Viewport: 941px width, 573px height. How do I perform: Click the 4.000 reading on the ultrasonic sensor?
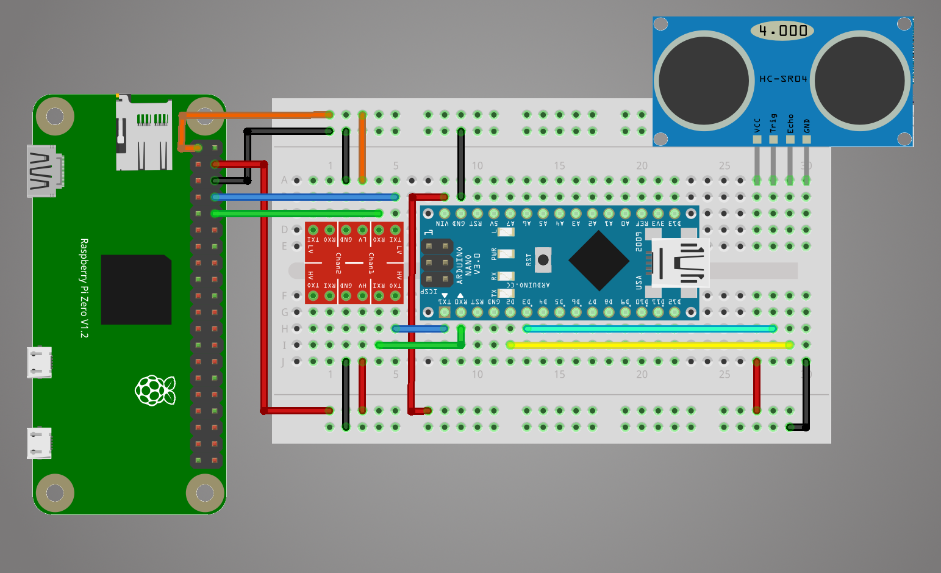[x=783, y=31]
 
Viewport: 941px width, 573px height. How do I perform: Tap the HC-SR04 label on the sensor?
[x=783, y=79]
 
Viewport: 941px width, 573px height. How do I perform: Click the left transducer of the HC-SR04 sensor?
[x=704, y=80]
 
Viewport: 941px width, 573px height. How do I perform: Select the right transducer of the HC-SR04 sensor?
[x=860, y=80]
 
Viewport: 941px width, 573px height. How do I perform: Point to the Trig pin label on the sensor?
[x=773, y=123]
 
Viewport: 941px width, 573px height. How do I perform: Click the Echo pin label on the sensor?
[x=790, y=123]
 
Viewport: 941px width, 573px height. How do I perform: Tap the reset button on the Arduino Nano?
[x=543, y=260]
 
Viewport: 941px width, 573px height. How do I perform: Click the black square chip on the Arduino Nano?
[x=599, y=261]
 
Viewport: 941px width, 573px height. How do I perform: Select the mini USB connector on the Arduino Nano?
[x=680, y=263]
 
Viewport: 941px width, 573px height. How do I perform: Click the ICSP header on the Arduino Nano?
[x=437, y=263]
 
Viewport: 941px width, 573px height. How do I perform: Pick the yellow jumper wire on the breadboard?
[x=649, y=345]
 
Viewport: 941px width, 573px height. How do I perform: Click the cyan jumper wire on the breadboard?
[x=649, y=329]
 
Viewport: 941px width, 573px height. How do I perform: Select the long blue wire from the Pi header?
[x=305, y=197]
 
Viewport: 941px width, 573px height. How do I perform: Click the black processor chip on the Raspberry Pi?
[x=136, y=289]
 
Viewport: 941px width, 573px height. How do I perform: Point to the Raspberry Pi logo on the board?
[x=155, y=391]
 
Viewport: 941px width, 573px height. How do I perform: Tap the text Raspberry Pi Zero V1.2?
[x=84, y=288]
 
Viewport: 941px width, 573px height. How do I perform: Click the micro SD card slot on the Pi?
[x=144, y=133]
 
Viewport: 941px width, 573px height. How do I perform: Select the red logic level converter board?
[x=354, y=263]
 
